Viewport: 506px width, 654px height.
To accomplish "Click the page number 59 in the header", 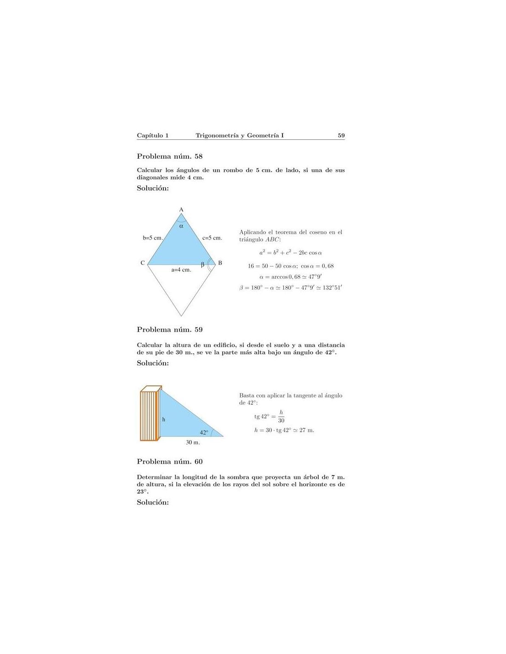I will pyautogui.click(x=341, y=135).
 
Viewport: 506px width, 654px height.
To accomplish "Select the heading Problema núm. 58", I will pyautogui.click(x=170, y=156).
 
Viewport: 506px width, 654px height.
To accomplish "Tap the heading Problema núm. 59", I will pyautogui.click(x=170, y=329).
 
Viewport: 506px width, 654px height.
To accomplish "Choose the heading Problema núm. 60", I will pyautogui.click(x=170, y=461).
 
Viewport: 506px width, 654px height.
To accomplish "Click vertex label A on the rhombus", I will pyautogui.click(x=181, y=210).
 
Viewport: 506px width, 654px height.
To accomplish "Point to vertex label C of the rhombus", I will pyautogui.click(x=143, y=263).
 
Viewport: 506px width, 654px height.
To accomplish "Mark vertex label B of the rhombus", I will pyautogui.click(x=220, y=263).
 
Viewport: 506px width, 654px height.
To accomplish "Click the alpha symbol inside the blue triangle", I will pyautogui.click(x=181, y=226).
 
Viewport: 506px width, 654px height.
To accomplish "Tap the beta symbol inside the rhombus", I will pyautogui.click(x=202, y=264).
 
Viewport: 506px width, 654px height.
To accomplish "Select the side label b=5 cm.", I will pyautogui.click(x=153, y=238).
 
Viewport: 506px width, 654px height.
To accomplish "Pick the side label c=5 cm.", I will pyautogui.click(x=212, y=238).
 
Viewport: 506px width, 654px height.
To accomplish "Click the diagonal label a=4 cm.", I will pyautogui.click(x=181, y=270).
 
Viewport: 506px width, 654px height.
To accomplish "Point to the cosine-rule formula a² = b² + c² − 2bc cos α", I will pyautogui.click(x=290, y=252).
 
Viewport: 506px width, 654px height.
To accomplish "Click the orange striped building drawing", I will pyautogui.click(x=149, y=414).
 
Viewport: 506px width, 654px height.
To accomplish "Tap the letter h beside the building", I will pyautogui.click(x=164, y=419).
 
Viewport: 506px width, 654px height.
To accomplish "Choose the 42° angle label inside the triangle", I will pyautogui.click(x=204, y=432).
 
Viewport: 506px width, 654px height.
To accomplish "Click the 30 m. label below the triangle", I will pyautogui.click(x=193, y=442).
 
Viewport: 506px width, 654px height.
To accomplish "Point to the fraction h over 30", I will pyautogui.click(x=281, y=417).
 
